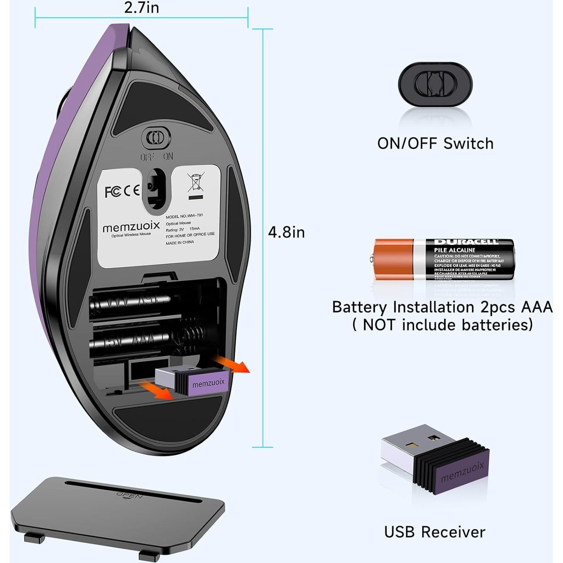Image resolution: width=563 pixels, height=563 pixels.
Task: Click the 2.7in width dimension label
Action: [x=142, y=8]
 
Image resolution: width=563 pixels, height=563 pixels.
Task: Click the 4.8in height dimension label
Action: [x=286, y=232]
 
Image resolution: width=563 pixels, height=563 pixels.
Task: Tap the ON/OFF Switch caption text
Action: [x=435, y=144]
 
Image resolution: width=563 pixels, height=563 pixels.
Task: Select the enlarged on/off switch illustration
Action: [x=435, y=84]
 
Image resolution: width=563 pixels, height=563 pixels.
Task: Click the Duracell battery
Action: [x=443, y=259]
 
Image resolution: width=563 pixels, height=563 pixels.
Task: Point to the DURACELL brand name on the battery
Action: [x=466, y=242]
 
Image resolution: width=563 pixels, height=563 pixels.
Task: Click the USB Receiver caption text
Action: [x=435, y=532]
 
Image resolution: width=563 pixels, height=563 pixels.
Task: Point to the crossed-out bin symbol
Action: [x=196, y=183]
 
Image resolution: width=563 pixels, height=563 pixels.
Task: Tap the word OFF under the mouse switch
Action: [x=147, y=157]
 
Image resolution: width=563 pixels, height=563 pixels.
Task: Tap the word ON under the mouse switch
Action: [x=168, y=157]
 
